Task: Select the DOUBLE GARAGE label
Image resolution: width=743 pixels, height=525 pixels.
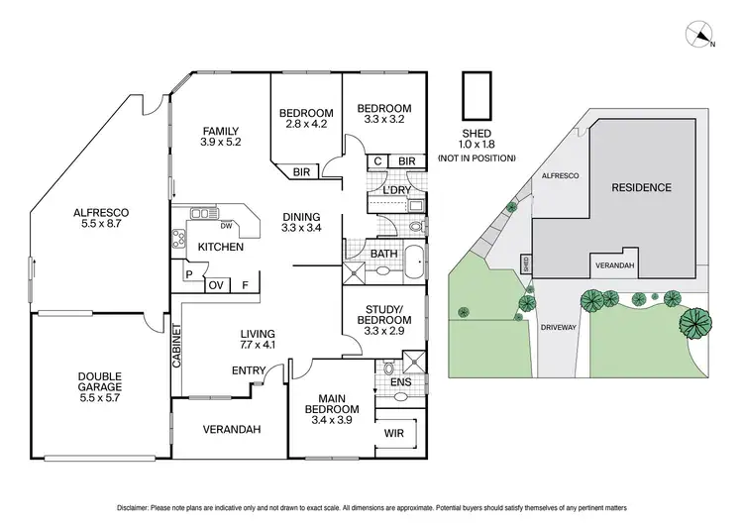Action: click(100, 382)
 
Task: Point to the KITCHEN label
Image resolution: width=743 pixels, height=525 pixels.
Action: click(221, 246)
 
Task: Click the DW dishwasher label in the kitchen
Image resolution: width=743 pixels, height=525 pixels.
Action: click(226, 225)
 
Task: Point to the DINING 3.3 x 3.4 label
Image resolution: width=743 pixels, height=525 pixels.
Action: click(302, 222)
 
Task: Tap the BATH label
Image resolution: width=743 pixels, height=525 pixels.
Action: click(383, 255)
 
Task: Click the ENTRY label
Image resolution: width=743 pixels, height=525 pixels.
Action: click(248, 370)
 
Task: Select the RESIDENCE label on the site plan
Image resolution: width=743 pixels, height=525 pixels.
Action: click(640, 187)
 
